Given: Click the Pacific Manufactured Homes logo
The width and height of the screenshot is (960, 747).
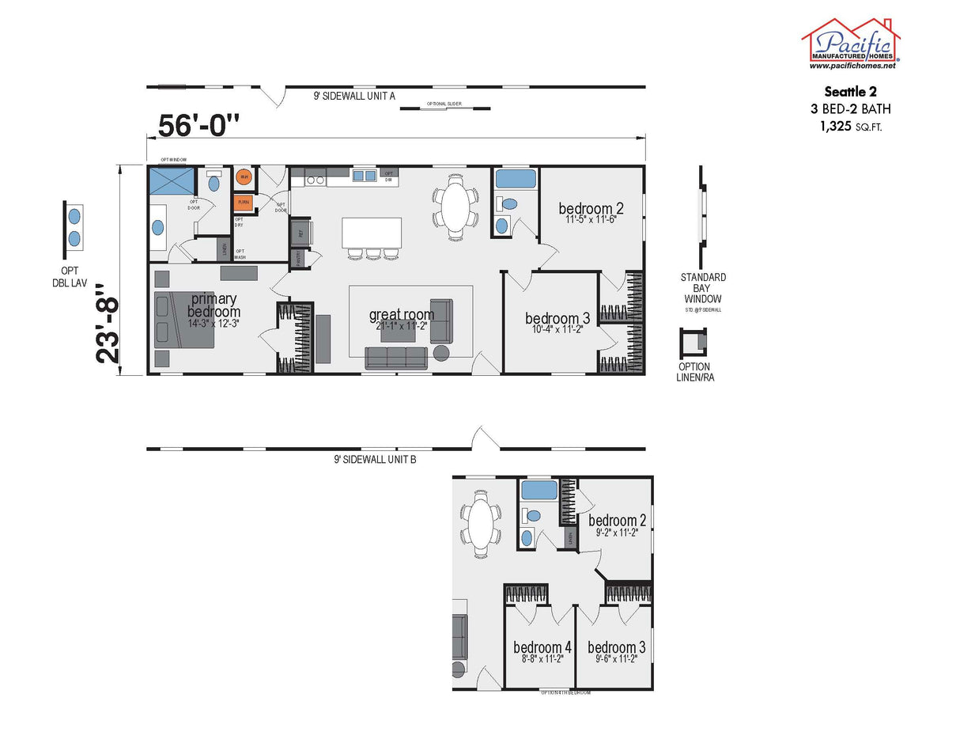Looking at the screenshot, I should [851, 44].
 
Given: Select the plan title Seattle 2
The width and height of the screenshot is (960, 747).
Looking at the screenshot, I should [850, 92].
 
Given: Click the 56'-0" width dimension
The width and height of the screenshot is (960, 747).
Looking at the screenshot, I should [198, 125].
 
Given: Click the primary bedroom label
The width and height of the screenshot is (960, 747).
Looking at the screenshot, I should [213, 305].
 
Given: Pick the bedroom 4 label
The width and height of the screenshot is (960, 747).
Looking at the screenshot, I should [542, 647].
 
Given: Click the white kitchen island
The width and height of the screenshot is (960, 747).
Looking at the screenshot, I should [371, 233].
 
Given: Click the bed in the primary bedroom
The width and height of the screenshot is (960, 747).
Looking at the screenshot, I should [184, 320].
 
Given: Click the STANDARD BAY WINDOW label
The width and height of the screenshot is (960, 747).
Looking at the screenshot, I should [702, 288].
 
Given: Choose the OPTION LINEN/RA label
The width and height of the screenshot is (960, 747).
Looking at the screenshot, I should [694, 372].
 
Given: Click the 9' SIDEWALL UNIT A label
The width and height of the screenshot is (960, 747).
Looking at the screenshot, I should [353, 96].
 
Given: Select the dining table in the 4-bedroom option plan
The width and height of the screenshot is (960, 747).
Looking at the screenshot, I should [482, 521].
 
